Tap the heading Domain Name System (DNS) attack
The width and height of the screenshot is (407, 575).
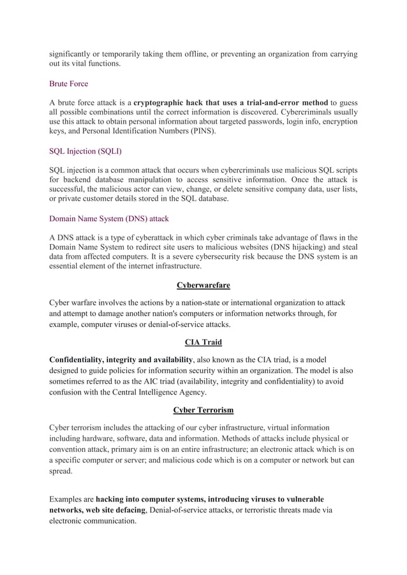click(x=108, y=218)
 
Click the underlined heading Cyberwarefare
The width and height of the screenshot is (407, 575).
click(x=203, y=285)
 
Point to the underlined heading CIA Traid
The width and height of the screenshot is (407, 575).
click(x=203, y=342)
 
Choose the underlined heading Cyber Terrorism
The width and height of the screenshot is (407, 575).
click(x=203, y=409)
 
